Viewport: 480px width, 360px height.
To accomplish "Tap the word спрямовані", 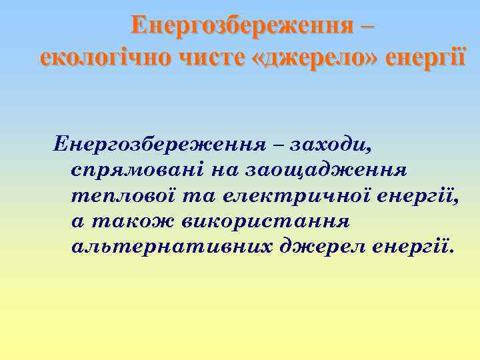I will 136,169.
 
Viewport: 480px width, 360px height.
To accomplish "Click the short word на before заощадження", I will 223,169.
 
